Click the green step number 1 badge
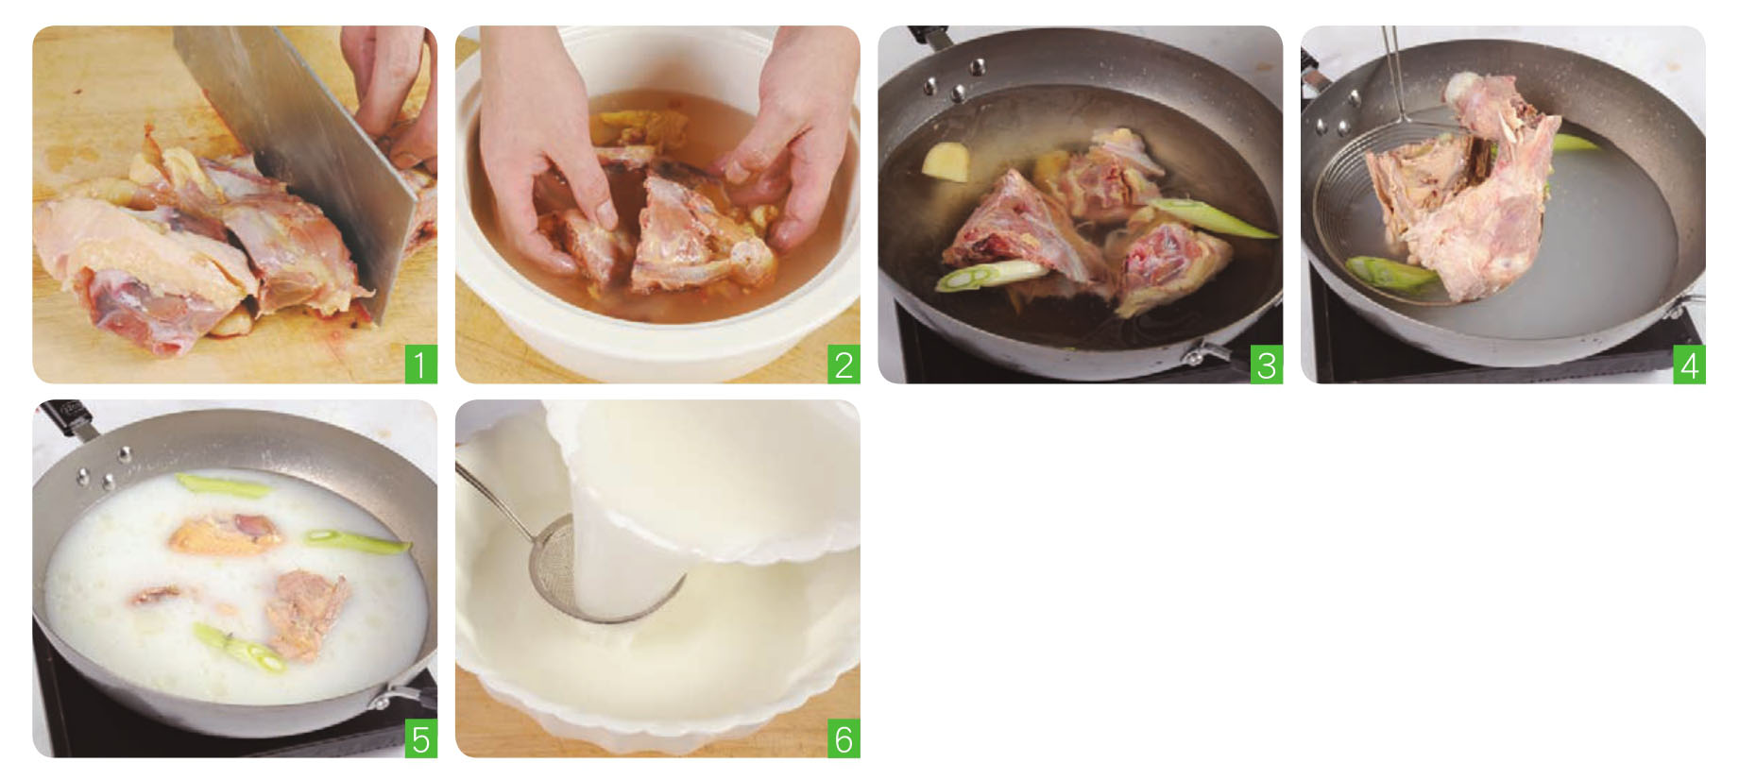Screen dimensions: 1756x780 click(x=420, y=365)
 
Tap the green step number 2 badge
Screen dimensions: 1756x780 click(x=844, y=365)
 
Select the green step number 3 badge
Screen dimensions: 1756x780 click(x=1266, y=365)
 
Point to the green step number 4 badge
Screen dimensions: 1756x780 click(x=1689, y=365)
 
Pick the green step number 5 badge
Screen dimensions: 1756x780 click(x=420, y=738)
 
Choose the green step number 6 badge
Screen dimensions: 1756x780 click(x=844, y=738)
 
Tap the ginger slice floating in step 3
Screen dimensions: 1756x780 click(x=946, y=162)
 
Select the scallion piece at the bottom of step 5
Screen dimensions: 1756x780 click(x=239, y=648)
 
